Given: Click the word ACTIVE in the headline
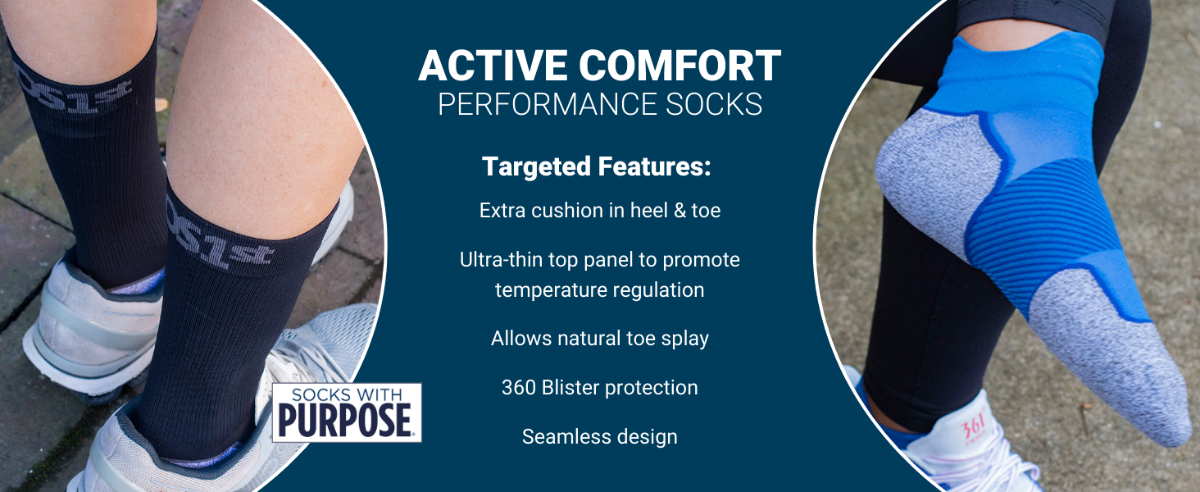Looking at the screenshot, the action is (493, 66).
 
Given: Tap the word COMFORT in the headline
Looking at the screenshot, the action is (680, 66).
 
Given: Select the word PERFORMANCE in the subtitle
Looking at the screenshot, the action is (548, 104).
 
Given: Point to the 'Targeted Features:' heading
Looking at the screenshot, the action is (597, 166).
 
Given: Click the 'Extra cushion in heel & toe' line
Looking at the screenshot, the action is (600, 210).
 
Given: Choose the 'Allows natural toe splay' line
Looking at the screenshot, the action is (600, 339).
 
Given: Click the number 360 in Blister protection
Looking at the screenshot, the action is (519, 388).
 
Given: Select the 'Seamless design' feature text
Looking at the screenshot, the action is (599, 437).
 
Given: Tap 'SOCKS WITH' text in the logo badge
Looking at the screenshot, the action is (346, 395).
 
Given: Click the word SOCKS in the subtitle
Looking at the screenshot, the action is (714, 104).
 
